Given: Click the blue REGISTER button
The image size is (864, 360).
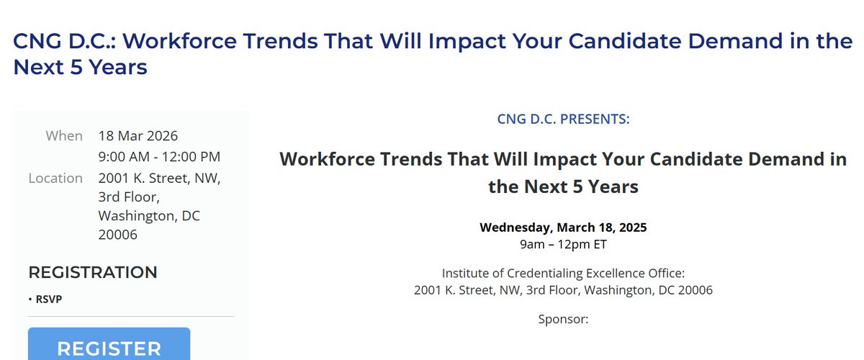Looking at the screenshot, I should coord(109,347).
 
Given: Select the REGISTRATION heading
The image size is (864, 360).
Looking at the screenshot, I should coord(92,272).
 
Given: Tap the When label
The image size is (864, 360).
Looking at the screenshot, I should coord(64,136).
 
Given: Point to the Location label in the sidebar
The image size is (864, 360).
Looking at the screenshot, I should coord(55,178).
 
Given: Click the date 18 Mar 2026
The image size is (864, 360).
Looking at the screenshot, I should coord(138,136).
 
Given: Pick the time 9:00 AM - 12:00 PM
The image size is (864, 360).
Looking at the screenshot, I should coord(159,157).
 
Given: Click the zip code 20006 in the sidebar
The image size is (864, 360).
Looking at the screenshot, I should coord(118,235).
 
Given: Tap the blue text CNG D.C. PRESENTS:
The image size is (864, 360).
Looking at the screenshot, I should coord(563,119).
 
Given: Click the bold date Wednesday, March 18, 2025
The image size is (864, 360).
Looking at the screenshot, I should coord(563,228).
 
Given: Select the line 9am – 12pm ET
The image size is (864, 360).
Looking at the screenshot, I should coord(563,244).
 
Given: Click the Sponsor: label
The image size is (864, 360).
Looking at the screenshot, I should coord(563,318).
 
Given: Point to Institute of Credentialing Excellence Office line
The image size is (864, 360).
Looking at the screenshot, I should coord(563,273).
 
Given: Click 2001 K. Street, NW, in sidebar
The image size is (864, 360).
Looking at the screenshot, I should coord(159,178).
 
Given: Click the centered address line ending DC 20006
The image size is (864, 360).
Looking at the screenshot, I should coord(563,290).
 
